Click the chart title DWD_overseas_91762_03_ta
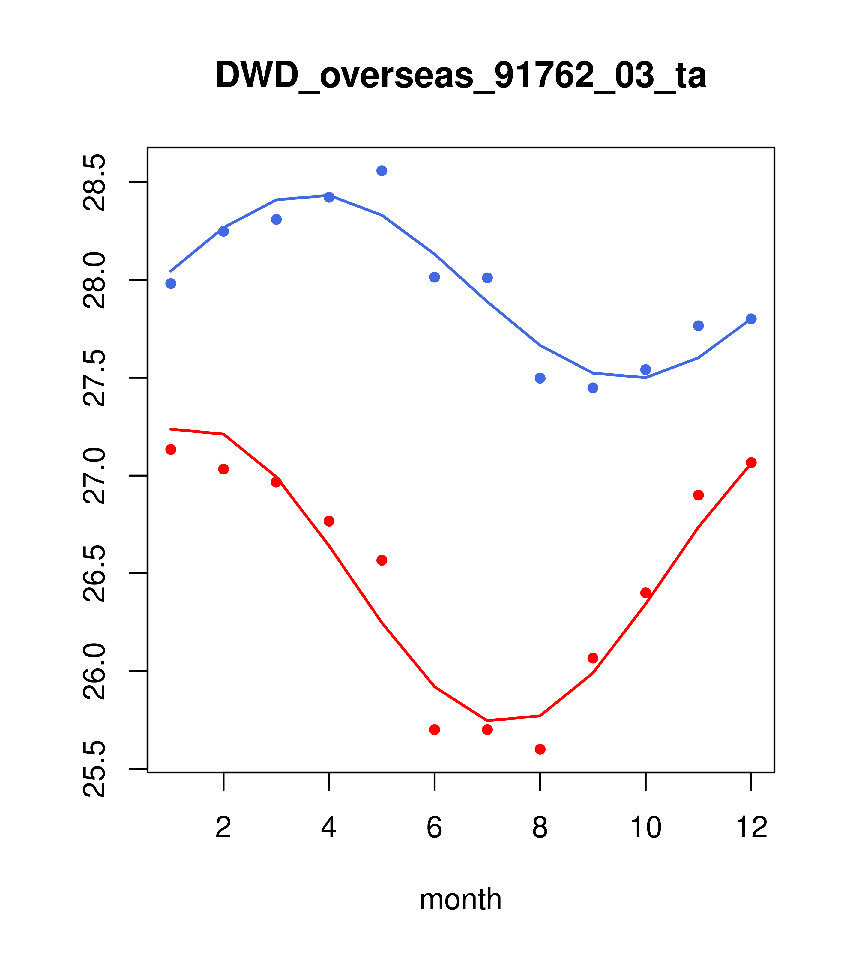point(460,76)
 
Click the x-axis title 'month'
point(460,899)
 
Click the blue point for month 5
point(382,171)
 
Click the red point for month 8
point(540,749)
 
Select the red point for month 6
point(435,730)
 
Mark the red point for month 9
point(593,658)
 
